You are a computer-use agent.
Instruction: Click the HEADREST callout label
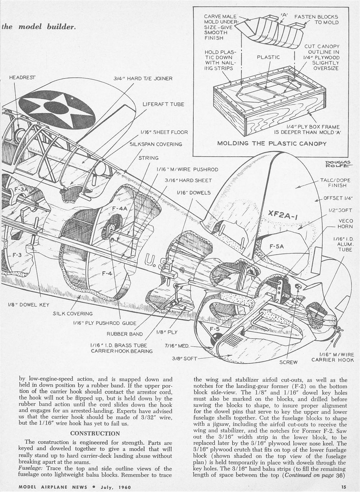click(x=22, y=77)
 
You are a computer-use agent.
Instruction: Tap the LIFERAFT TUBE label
click(x=163, y=104)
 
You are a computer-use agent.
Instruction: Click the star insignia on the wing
click(x=57, y=107)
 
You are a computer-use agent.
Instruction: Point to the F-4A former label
click(x=120, y=209)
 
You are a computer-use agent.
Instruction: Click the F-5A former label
click(x=276, y=246)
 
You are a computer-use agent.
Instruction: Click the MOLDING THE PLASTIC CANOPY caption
click(x=272, y=143)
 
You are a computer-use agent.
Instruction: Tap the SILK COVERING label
click(x=73, y=314)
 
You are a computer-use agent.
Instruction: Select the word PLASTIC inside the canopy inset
click(x=268, y=57)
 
